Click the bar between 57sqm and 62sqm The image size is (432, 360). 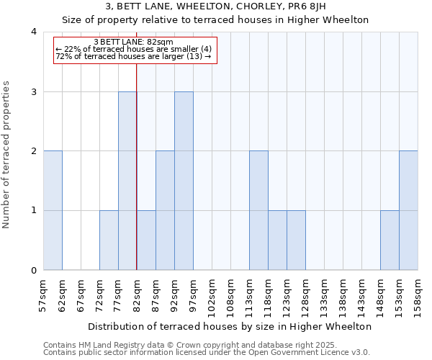[53, 210]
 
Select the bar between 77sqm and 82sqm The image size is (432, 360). [127, 181]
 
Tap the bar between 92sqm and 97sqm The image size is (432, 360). [184, 181]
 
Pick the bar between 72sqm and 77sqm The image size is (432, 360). [109, 240]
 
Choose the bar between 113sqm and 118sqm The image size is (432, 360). [258, 210]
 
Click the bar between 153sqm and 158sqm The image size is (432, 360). [408, 210]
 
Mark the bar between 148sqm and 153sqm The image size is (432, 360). [390, 240]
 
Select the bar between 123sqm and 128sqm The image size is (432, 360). [296, 240]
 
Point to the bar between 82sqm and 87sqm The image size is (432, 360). [146, 240]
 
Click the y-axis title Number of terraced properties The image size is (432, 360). [7, 155]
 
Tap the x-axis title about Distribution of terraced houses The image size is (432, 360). [230, 326]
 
